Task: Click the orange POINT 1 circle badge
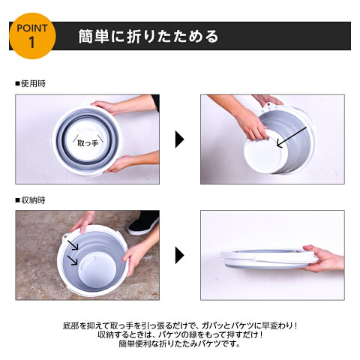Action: pos(32,36)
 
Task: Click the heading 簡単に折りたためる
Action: pos(148,37)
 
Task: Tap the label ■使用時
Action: pos(31,83)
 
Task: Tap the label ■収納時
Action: pos(31,200)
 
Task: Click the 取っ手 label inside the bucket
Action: pos(88,143)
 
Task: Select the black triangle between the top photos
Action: pos(180,139)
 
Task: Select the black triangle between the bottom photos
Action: pos(180,255)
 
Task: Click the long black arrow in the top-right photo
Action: pos(292,137)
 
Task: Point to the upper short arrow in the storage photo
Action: pos(73,244)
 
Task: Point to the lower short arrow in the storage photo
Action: pos(72,259)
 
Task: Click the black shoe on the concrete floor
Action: pos(144,223)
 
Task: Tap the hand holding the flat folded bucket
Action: pos(322,259)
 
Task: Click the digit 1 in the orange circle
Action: pos(31,43)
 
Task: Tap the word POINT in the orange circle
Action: pos(32,28)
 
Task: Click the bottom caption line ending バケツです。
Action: pos(180,344)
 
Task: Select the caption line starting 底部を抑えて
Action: pos(180,325)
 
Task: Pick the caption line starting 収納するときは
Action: pos(180,334)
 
